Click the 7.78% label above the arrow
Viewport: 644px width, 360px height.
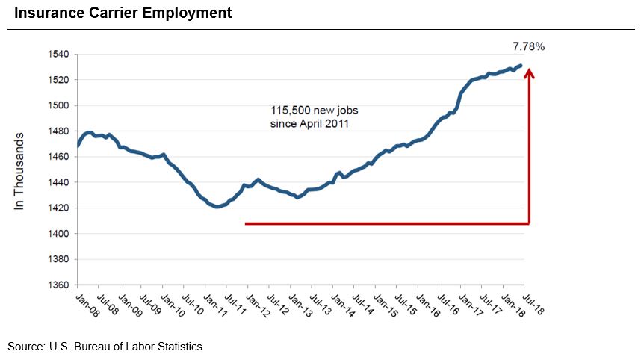pyautogui.click(x=530, y=46)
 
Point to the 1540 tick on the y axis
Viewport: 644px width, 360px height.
pyautogui.click(x=59, y=55)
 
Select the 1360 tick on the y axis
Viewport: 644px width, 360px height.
pyautogui.click(x=59, y=285)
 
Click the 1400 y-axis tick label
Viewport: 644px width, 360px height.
pyautogui.click(x=59, y=234)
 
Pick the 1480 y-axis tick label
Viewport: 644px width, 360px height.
pyautogui.click(x=59, y=131)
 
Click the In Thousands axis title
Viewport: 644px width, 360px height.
pyautogui.click(x=20, y=171)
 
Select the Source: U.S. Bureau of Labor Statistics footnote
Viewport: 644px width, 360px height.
pyautogui.click(x=105, y=347)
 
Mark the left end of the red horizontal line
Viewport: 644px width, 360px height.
pyautogui.click(x=246, y=223)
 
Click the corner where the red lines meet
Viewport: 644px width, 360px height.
pyautogui.click(x=530, y=223)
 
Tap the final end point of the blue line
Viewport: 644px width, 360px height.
pyautogui.click(x=521, y=66)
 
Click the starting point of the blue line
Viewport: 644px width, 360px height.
pyautogui.click(x=78, y=146)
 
